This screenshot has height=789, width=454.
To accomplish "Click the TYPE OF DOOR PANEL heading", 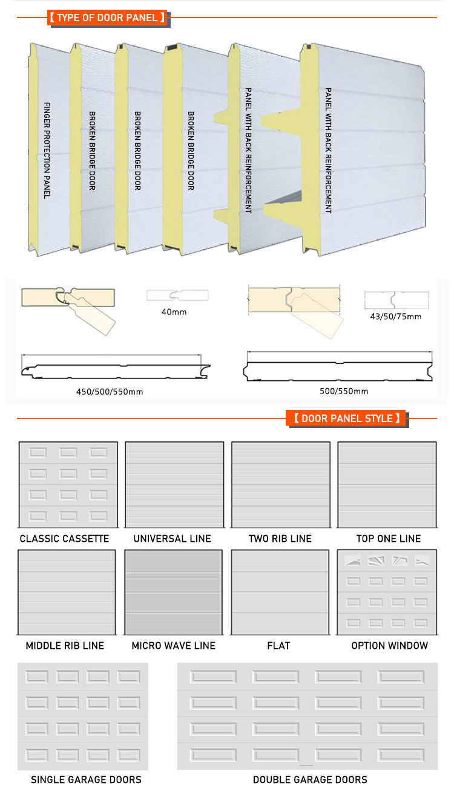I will click(x=107, y=18).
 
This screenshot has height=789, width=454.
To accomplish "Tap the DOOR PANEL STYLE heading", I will click(x=346, y=418).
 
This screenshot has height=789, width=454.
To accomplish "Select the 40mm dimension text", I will click(x=176, y=312).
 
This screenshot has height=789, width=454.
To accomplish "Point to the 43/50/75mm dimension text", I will click(x=396, y=316).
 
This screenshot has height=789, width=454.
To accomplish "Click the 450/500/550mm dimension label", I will click(x=110, y=391).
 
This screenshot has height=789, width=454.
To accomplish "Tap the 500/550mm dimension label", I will click(x=344, y=391).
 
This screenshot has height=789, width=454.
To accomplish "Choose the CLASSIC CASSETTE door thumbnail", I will click(x=68, y=484).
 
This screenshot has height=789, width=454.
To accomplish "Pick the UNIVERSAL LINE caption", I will click(x=173, y=539).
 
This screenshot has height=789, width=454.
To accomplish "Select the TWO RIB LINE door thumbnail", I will click(x=280, y=484).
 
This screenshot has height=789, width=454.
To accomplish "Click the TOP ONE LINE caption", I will click(x=388, y=539).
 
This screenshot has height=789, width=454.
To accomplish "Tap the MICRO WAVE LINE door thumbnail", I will click(x=174, y=593).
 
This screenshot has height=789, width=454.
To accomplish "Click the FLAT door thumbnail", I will click(x=280, y=593).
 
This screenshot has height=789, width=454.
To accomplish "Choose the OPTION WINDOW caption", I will click(x=390, y=646).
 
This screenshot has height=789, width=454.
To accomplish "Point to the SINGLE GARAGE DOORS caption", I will click(x=86, y=779).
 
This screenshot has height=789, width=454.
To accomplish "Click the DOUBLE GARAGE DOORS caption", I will click(x=310, y=779).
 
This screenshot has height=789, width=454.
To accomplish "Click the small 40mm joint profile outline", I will click(x=177, y=296).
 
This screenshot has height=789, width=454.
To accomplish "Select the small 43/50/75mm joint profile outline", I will click(x=396, y=300).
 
